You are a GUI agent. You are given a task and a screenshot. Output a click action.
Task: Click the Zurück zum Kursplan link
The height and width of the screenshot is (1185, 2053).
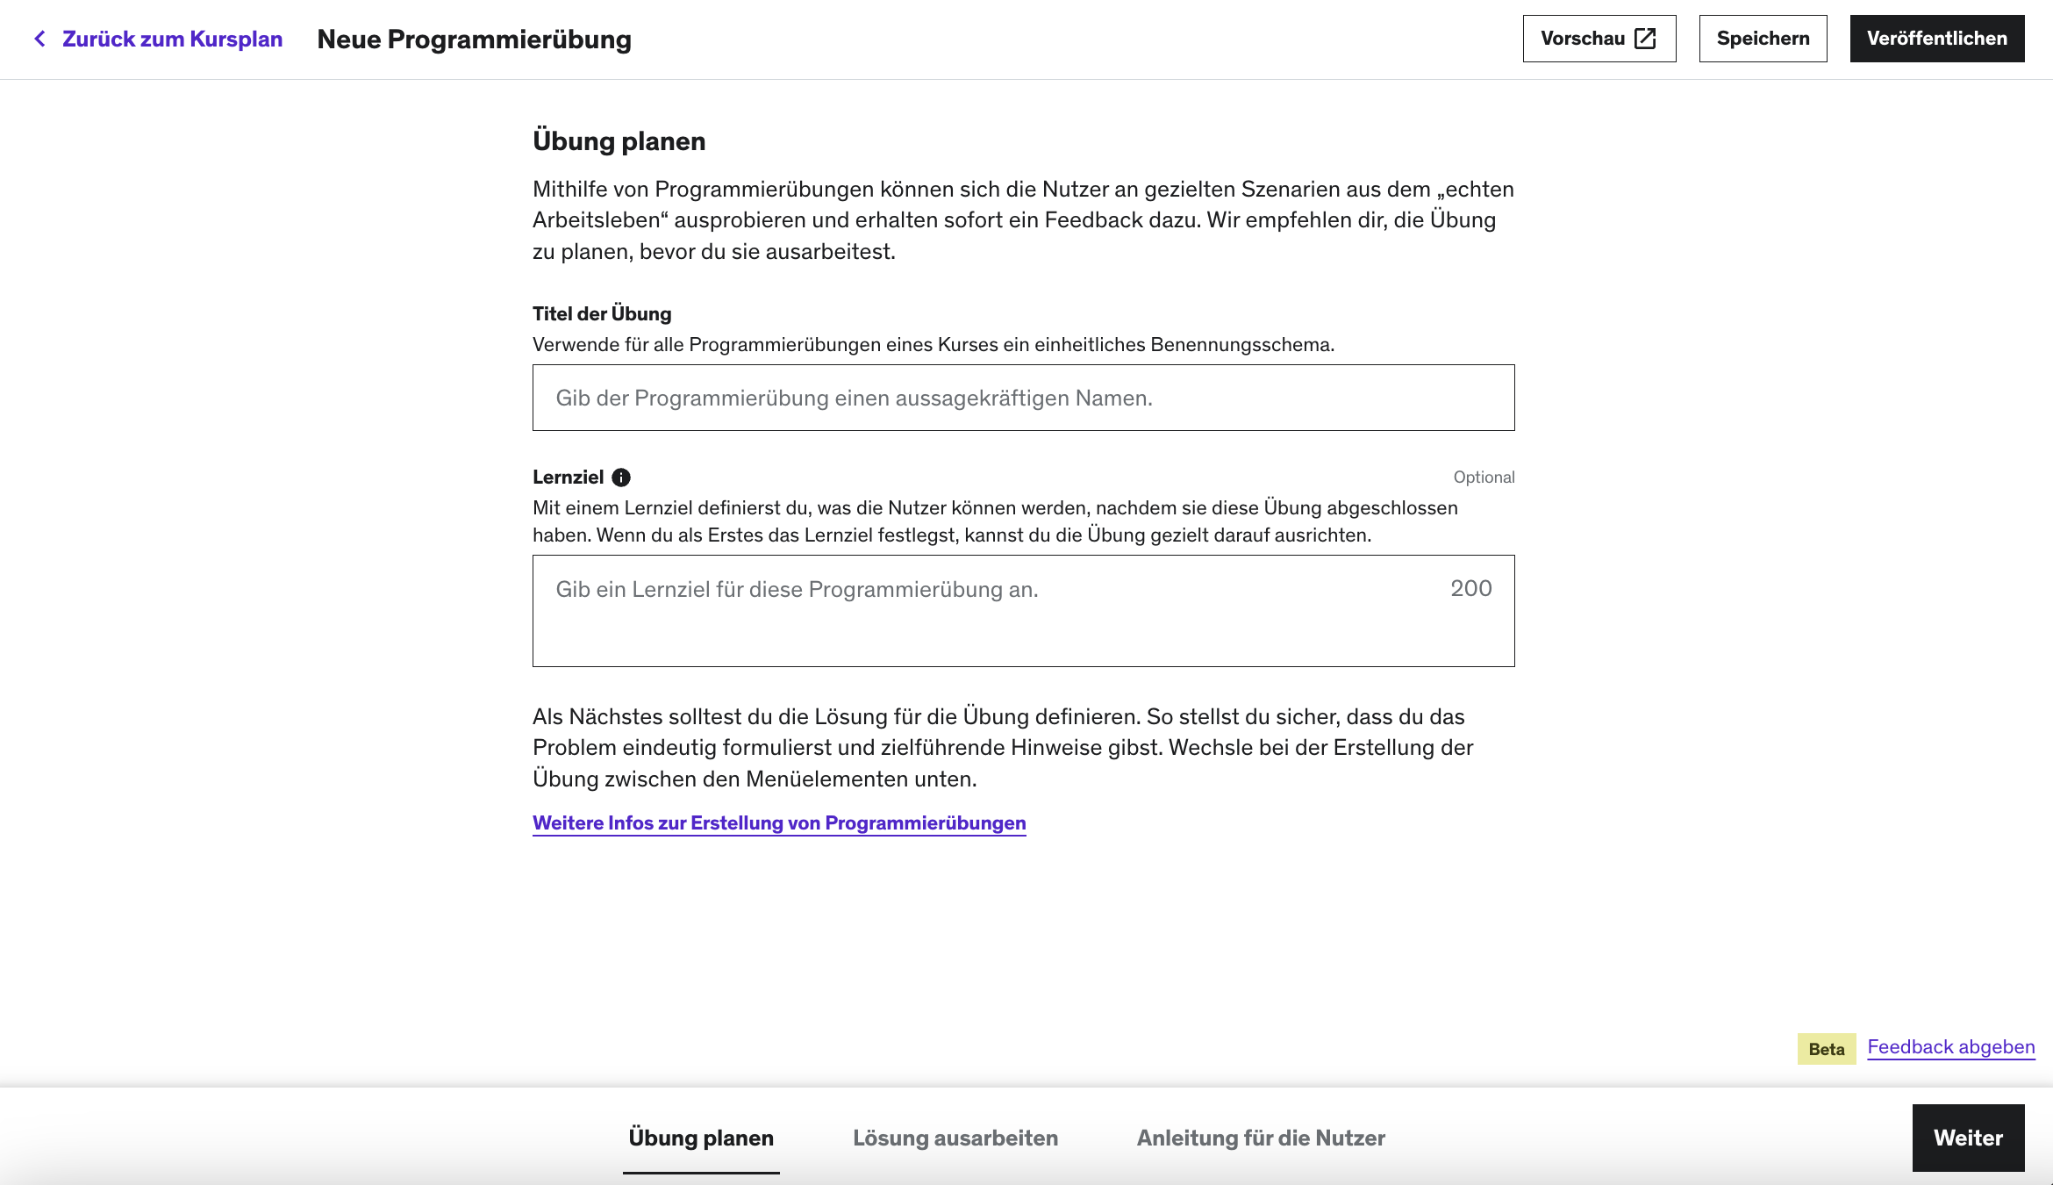pos(172,39)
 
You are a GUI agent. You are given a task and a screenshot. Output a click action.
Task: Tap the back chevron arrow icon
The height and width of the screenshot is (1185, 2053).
pos(39,39)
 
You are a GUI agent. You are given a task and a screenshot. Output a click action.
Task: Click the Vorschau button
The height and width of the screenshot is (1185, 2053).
pos(1599,39)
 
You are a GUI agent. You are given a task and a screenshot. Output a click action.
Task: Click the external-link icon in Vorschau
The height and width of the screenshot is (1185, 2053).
pos(1645,39)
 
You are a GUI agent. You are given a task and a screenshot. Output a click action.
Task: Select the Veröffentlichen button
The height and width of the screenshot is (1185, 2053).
pos(1936,39)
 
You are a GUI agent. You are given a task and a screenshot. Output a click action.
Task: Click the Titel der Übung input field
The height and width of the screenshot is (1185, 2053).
pos(1023,398)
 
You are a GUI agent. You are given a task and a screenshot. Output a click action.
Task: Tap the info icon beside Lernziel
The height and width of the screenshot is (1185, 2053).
pos(621,478)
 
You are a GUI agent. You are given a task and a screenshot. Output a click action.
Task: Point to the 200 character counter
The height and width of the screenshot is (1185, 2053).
pos(1470,588)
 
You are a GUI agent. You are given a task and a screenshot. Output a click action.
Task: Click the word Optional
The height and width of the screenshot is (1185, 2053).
pos(1484,478)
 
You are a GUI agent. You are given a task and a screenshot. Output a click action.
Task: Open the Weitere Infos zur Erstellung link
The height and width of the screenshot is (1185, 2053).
pos(779,823)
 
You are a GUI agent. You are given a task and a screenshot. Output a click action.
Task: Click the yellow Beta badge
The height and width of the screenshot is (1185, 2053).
pos(1826,1049)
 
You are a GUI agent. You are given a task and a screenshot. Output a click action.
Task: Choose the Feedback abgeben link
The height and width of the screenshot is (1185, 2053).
pos(1950,1047)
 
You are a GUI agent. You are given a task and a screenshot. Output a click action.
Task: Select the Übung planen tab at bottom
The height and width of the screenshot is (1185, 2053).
pos(701,1138)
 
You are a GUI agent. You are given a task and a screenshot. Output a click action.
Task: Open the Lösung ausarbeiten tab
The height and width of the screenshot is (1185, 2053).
pos(955,1138)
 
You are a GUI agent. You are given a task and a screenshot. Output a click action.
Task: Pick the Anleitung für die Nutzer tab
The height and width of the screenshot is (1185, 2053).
pos(1261,1138)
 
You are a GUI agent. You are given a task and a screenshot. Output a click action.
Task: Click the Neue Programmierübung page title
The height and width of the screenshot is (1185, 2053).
pos(474,39)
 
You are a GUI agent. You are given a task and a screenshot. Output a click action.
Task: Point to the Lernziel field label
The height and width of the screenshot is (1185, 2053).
pos(568,478)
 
